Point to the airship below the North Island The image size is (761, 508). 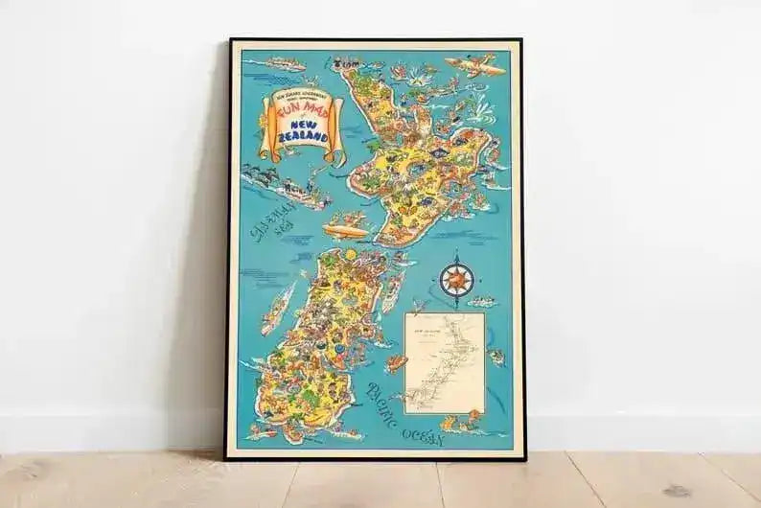345,230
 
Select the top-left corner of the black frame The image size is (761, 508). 230,41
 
